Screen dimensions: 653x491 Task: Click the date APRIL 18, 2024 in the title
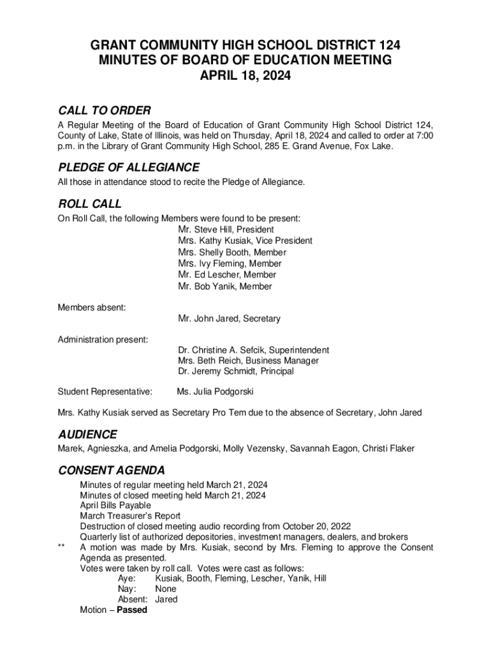point(246,76)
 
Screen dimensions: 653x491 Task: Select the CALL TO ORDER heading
point(104,111)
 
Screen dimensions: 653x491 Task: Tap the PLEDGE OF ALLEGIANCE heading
point(128,168)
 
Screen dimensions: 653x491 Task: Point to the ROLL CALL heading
point(89,204)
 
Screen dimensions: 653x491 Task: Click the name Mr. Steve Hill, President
point(226,230)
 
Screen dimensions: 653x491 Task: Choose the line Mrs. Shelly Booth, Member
point(232,253)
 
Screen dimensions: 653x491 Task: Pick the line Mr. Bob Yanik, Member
point(225,286)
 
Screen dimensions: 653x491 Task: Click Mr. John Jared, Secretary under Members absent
point(229,318)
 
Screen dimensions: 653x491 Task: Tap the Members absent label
point(92,307)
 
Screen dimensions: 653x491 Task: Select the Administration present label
point(103,339)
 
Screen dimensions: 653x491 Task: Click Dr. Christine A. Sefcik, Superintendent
point(254,350)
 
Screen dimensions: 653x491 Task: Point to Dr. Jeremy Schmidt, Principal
point(236,371)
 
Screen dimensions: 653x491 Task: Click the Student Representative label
point(105,391)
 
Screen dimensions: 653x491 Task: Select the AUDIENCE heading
point(87,435)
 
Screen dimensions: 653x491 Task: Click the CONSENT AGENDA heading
point(112,471)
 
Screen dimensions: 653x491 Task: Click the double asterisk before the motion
point(61,548)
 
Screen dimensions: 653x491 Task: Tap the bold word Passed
point(132,610)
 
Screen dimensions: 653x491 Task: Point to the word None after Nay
point(166,589)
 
